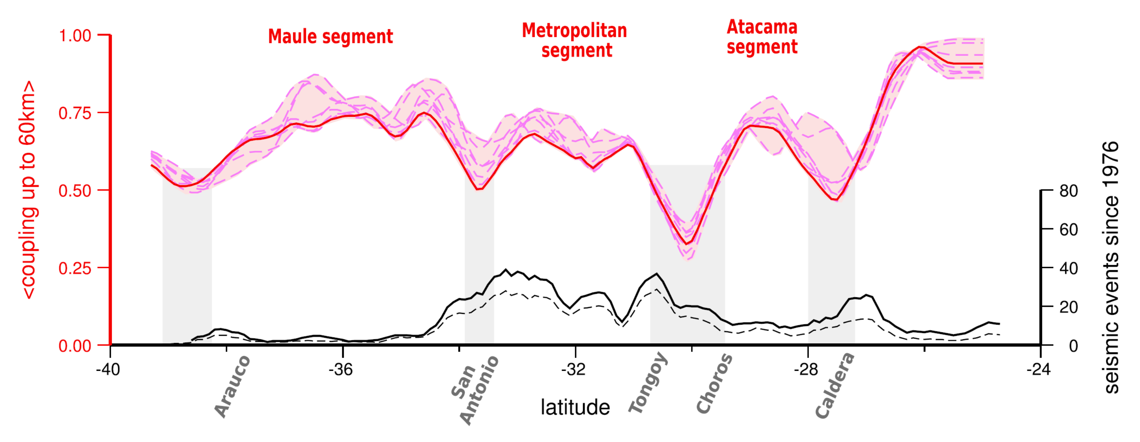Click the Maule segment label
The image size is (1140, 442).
(x=330, y=37)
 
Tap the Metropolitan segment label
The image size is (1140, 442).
(x=574, y=40)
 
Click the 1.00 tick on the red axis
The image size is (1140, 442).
(x=75, y=35)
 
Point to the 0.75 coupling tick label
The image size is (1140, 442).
(x=75, y=113)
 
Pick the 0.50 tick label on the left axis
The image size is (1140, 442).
(x=75, y=191)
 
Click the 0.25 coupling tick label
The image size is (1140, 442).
(x=75, y=268)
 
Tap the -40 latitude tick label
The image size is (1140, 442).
(x=108, y=369)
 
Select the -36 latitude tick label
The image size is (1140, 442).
(x=341, y=369)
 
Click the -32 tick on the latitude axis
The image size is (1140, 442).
(x=574, y=369)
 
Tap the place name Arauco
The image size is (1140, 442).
(x=232, y=386)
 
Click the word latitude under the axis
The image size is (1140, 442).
(x=575, y=407)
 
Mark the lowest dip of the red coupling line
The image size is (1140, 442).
(x=687, y=244)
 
